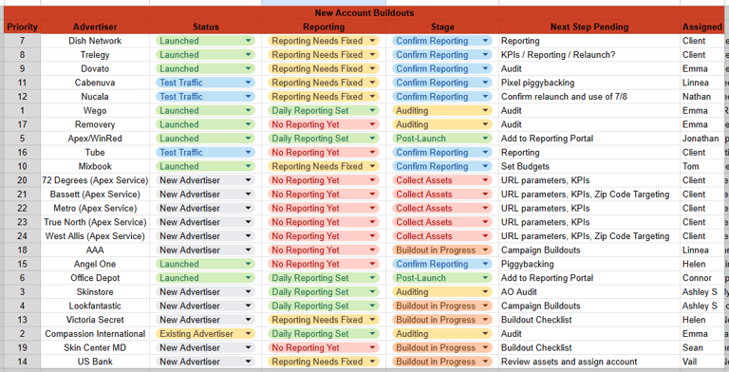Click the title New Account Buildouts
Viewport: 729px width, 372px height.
(364, 13)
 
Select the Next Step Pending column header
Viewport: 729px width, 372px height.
(589, 27)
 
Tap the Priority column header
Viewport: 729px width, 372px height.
(22, 27)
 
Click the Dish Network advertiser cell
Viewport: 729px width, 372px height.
(95, 41)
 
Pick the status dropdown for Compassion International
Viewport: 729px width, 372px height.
(205, 334)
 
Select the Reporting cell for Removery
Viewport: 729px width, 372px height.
(323, 124)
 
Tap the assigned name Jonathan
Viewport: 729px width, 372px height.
(701, 139)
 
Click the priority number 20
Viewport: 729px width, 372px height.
(22, 180)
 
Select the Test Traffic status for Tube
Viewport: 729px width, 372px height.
(205, 153)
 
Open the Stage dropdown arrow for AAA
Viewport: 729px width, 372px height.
(485, 251)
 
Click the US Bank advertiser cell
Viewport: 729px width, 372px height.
(95, 362)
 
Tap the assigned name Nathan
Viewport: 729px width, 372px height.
(697, 97)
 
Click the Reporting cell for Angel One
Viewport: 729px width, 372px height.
(323, 264)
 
